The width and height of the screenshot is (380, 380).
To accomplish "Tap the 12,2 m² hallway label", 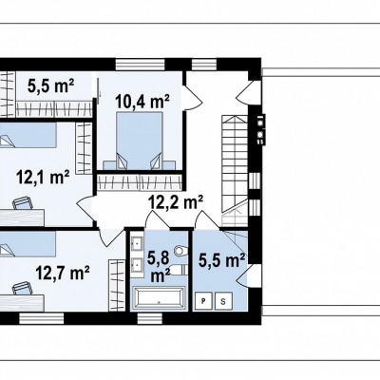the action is click(x=176, y=201).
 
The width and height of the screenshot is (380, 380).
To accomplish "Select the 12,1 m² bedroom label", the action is click(x=43, y=177).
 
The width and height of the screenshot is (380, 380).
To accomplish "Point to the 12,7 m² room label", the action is click(x=62, y=273).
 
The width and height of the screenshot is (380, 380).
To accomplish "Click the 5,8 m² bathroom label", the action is click(x=160, y=267).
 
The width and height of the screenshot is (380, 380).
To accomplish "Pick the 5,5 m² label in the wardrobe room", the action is click(x=51, y=85).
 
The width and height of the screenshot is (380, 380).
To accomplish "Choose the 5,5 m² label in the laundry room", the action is click(x=221, y=260).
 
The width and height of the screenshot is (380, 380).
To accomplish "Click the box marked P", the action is click(x=203, y=301).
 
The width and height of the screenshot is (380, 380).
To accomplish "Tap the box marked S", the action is click(x=223, y=301).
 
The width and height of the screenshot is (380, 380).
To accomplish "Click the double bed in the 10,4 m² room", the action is click(x=139, y=141).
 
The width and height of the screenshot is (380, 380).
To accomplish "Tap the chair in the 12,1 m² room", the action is click(x=23, y=203).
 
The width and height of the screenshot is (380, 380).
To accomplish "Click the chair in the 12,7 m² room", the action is click(x=22, y=289).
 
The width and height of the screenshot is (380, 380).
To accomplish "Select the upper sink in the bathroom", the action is click(x=137, y=243).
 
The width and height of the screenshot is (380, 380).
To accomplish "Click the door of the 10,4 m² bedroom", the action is click(x=192, y=94).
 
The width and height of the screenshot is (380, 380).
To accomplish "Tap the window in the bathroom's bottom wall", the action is click(x=150, y=318).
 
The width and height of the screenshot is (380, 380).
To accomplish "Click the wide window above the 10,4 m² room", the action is click(x=141, y=64).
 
